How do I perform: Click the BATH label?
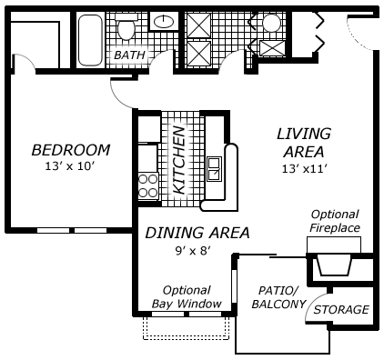click(128, 55)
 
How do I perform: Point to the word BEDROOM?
click(70, 150)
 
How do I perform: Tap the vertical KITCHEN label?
click(179, 160)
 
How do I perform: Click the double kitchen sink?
click(213, 169)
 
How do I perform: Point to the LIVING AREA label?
click(304, 142)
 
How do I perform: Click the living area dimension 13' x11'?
click(304, 168)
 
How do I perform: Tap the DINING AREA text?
click(197, 234)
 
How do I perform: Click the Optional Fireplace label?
click(335, 221)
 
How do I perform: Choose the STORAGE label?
click(342, 310)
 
